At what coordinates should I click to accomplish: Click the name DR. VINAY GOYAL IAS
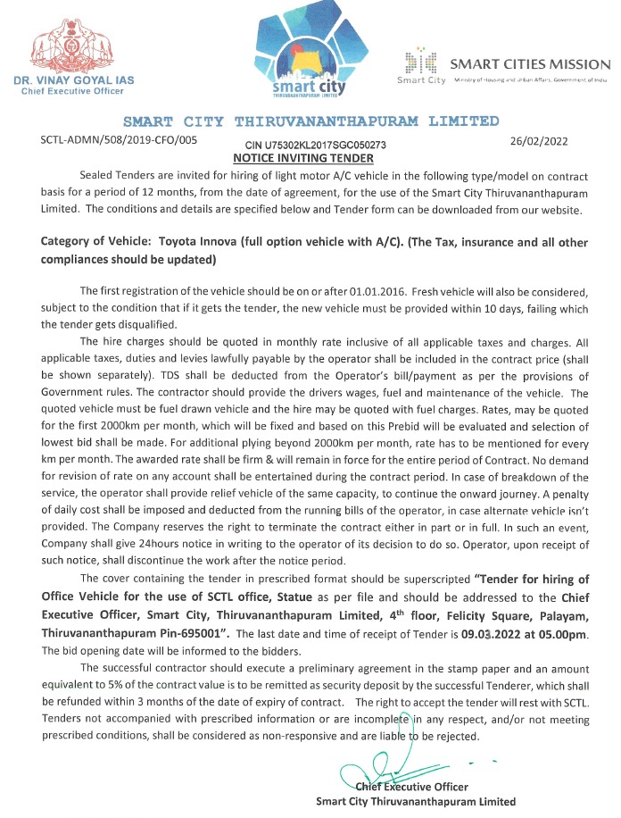75,80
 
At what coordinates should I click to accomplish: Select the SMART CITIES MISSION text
530,64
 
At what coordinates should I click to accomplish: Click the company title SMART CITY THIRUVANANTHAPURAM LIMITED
310,121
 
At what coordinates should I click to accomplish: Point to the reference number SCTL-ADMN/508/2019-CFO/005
119,139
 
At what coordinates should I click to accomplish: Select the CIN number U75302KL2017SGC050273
315,145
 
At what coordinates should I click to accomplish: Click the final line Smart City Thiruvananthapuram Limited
416,802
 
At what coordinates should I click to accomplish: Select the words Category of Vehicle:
96,242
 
